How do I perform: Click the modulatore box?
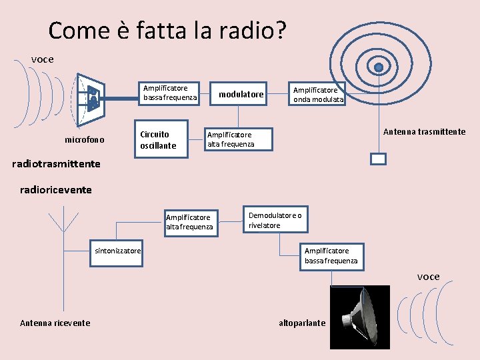coord(241,95)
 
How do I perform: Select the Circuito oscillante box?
coord(158,139)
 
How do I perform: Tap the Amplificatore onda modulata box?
coord(319,95)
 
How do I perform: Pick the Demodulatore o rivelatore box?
coord(275,221)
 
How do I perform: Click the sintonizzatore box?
coord(118,251)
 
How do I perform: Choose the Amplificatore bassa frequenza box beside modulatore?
coord(170,93)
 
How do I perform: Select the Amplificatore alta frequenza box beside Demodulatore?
coord(189,222)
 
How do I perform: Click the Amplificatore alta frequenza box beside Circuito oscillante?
coord(231,139)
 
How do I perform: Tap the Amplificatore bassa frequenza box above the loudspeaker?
coord(331,255)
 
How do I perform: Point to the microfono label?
coord(85,140)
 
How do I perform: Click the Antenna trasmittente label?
coord(424,132)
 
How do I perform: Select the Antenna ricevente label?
coord(55,323)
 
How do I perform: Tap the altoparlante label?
coord(302,323)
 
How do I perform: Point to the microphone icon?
coord(91,99)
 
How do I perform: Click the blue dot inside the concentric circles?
coord(379,67)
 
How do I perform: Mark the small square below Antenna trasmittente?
coord(378,159)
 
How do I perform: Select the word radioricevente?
coord(56,190)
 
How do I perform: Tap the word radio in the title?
coord(248,31)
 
